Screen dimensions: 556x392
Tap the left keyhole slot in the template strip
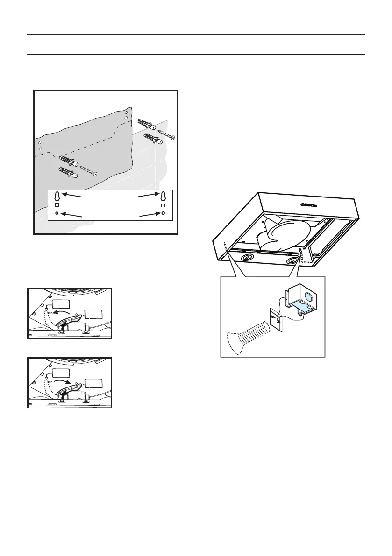57,196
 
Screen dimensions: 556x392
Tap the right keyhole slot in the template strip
163,196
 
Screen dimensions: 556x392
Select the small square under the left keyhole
57,205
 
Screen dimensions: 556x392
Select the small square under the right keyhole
163,205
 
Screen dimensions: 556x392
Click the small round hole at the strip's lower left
57,214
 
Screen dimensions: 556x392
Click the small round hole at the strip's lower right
163,214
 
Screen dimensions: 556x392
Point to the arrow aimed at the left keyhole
73,196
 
